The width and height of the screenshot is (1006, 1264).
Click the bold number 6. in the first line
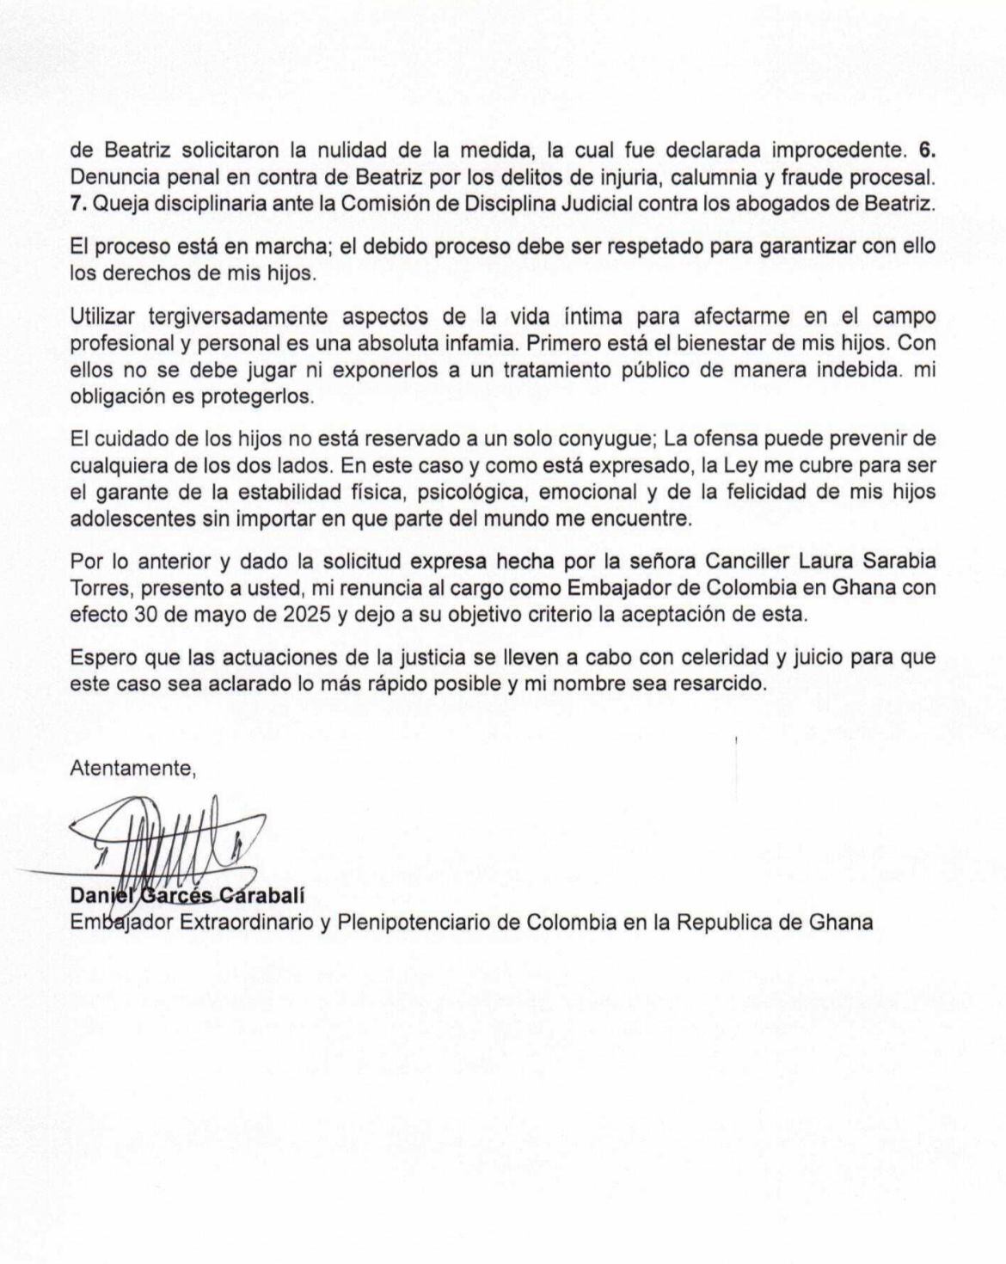pyautogui.click(x=928, y=150)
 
